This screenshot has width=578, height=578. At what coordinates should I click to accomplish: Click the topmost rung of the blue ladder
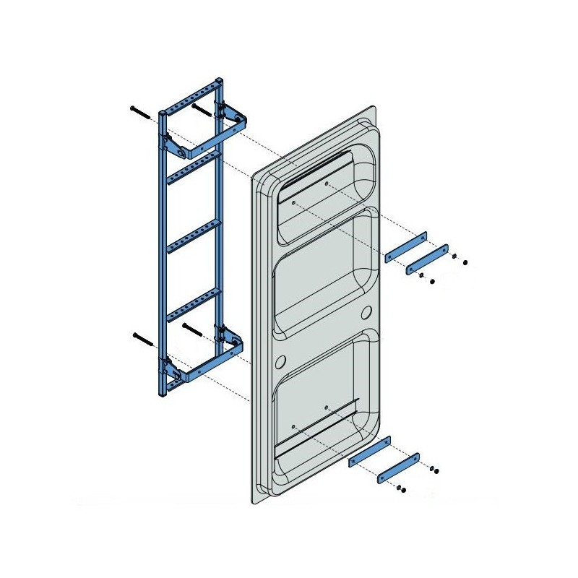(x=190, y=96)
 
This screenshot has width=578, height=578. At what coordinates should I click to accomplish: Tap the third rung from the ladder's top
(x=193, y=236)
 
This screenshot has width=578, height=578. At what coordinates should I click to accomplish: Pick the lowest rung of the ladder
(x=193, y=304)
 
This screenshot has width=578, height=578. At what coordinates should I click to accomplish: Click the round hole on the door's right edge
(x=366, y=312)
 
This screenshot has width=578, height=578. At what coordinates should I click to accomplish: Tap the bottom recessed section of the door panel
(x=325, y=405)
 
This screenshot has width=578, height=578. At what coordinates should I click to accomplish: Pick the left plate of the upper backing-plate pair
(x=406, y=246)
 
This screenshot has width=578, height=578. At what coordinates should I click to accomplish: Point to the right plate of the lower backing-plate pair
(x=398, y=466)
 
